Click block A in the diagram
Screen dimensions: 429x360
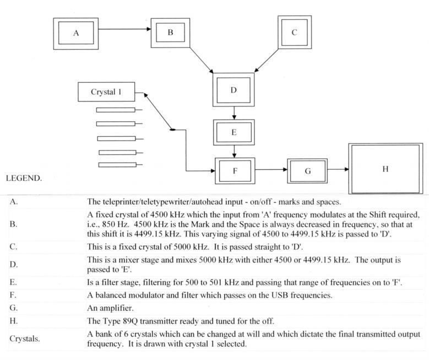(x=76, y=34)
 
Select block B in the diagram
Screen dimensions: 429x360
(x=170, y=33)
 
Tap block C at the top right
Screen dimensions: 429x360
(x=295, y=33)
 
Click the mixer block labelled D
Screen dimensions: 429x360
(x=233, y=90)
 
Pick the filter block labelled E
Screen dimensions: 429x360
(x=233, y=132)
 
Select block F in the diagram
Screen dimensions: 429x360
(x=235, y=171)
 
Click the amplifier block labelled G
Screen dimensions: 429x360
(x=307, y=171)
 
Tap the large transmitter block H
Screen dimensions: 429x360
(x=385, y=169)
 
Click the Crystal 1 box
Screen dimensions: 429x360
(x=106, y=92)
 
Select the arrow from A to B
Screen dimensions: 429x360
(x=125, y=29)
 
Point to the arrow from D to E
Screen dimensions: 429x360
(x=234, y=113)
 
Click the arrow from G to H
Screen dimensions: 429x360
(x=338, y=169)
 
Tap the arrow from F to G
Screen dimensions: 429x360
(x=271, y=169)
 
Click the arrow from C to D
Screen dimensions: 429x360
(x=266, y=61)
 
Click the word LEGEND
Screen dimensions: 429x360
(x=24, y=178)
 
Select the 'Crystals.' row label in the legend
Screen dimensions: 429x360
(x=24, y=338)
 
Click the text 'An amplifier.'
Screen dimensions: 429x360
(x=110, y=308)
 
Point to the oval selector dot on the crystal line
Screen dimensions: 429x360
(x=172, y=130)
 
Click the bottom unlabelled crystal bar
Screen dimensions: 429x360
(x=117, y=165)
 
